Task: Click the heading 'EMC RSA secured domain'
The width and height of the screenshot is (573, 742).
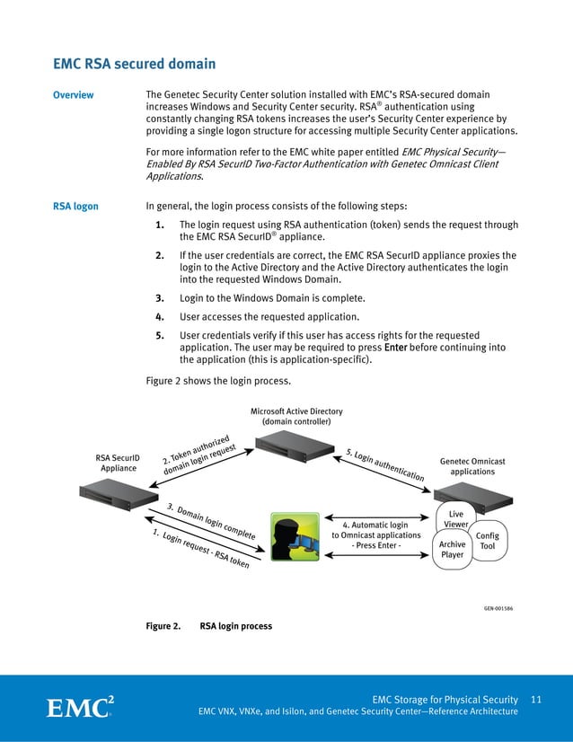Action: coord(135,64)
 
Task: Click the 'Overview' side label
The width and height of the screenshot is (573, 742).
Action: coord(73,95)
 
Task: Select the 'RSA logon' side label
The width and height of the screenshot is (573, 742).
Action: coord(75,207)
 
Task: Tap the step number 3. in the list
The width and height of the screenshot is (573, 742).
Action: coord(159,298)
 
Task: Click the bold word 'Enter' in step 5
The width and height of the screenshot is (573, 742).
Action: coord(396,347)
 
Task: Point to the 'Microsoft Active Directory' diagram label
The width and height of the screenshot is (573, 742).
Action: coord(296,416)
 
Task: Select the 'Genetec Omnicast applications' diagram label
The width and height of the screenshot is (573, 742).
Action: coord(472,465)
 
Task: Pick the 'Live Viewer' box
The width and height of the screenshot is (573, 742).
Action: coord(456,519)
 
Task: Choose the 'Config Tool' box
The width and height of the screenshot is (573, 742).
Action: coord(488,541)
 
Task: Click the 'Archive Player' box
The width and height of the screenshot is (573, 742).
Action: coord(453,549)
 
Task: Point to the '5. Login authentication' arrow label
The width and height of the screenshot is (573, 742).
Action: coord(384,464)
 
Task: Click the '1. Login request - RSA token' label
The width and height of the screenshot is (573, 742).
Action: coord(200,550)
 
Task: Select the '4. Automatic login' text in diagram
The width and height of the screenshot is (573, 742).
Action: coord(375,525)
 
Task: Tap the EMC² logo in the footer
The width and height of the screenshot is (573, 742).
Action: coord(80,706)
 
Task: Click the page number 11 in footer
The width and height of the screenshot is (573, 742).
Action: coord(537,700)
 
